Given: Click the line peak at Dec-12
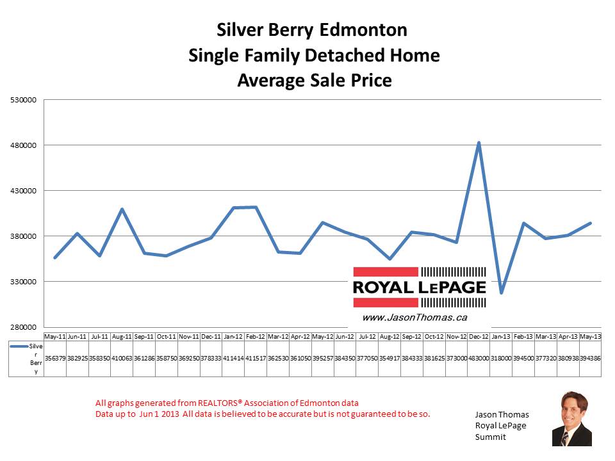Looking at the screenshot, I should pos(479,142).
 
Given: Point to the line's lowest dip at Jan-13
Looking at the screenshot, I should pos(501,293).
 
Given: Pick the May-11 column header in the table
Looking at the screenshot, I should pos(54,336).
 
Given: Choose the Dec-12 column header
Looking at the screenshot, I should pos(479,336).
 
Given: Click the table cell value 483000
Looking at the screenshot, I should pos(479,358).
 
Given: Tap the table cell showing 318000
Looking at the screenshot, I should pos(501,358).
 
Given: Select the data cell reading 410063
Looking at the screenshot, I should pos(122,358).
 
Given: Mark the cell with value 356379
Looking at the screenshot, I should pos(54,358).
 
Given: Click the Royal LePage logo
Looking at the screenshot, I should pos(419,286).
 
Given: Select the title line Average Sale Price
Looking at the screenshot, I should pos(314,81).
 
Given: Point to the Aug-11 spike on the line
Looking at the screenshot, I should pos(122,209).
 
